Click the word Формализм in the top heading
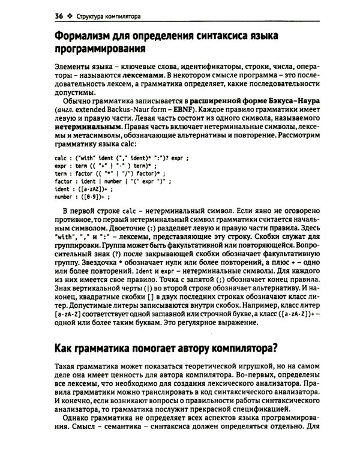89,34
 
